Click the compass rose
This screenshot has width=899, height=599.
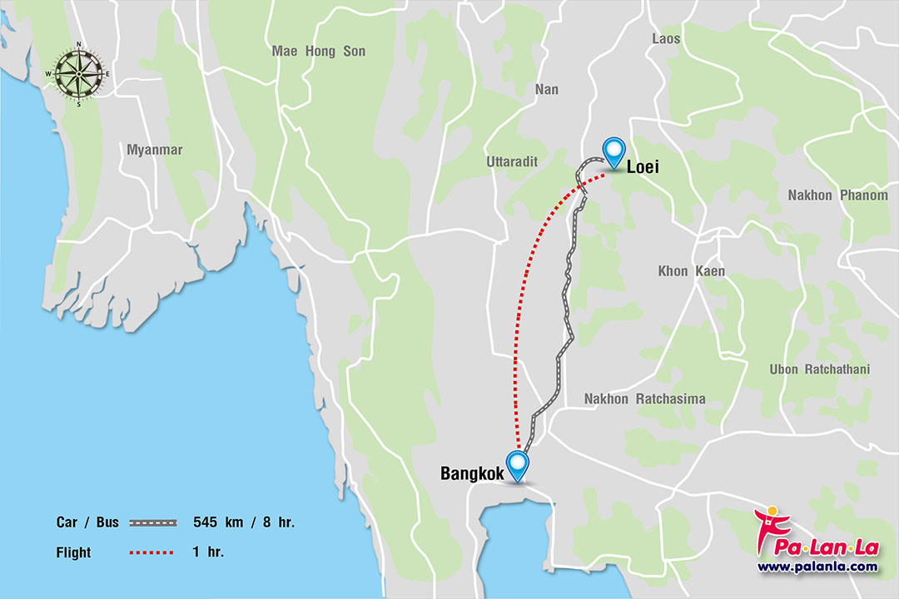coord(78,73)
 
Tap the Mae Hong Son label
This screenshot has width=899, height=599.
coord(318,52)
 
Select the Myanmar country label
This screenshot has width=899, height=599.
coord(154,150)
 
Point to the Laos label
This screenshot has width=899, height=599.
coord(666,38)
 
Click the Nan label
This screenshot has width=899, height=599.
coord(547,89)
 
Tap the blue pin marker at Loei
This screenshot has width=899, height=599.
coord(614,151)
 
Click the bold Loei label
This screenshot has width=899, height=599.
coord(643,167)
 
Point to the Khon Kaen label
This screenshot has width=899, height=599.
coord(691,271)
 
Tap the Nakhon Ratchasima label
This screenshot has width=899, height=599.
coord(644,399)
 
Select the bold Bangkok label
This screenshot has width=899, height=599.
coord(472,474)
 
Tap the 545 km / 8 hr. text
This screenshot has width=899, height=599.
coord(244,523)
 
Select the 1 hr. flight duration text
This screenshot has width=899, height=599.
coord(208,552)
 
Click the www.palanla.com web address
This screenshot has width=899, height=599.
coord(817,567)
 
